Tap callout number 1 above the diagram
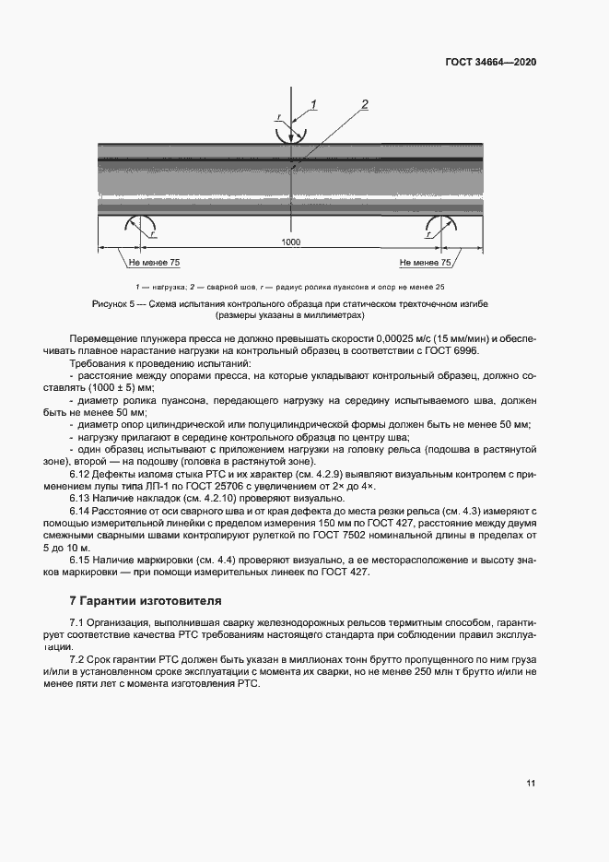click(313, 104)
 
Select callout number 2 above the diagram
click(364, 104)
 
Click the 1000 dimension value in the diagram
click(291, 241)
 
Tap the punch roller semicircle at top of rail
click(290, 132)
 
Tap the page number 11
click(531, 784)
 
